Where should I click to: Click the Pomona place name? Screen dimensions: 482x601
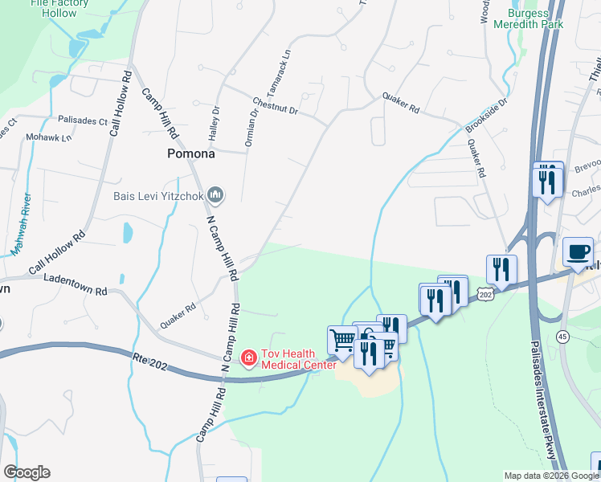click(190, 153)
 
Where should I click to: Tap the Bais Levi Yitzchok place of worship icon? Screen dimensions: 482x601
click(215, 194)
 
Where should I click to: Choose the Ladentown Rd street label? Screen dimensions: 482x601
click(76, 284)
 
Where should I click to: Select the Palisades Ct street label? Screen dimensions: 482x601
click(82, 121)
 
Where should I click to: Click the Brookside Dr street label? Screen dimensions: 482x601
click(487, 116)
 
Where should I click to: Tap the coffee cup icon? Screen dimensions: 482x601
click(578, 251)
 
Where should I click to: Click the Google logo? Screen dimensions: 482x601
click(27, 472)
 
